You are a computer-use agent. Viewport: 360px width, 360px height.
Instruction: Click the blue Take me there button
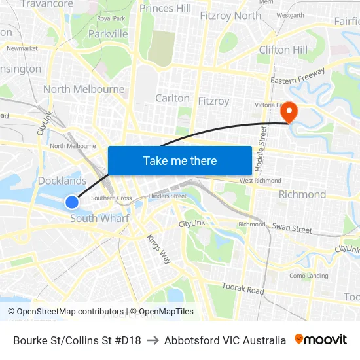tap(180, 160)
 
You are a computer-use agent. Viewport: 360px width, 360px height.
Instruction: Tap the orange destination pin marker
tap(288, 112)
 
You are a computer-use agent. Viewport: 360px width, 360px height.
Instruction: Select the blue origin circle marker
tap(72, 202)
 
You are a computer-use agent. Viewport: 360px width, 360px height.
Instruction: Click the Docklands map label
tap(62, 181)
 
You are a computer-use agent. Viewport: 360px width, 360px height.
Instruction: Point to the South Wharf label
tap(99, 219)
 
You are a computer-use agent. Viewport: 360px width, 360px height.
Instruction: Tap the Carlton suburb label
tap(172, 98)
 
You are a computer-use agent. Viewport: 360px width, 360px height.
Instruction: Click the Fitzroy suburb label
tap(213, 101)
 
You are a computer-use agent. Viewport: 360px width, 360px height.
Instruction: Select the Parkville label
tap(108, 33)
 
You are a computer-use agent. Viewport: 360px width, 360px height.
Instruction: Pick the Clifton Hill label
tap(283, 50)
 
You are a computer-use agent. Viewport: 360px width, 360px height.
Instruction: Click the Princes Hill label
tap(166, 9)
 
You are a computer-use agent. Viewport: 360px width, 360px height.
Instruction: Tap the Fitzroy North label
tap(230, 15)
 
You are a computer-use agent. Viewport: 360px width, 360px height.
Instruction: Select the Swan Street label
tap(292, 229)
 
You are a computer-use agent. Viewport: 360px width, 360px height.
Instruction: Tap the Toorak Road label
tap(242, 289)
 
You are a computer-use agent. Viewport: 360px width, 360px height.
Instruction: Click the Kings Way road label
tap(159, 249)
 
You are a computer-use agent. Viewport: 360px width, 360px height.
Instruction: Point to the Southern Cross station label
tap(111, 198)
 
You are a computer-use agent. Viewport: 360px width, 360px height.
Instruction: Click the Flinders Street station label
tap(168, 196)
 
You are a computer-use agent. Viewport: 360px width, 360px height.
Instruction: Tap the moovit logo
tap(321, 340)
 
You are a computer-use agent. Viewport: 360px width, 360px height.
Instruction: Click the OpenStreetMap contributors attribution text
tap(65, 312)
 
